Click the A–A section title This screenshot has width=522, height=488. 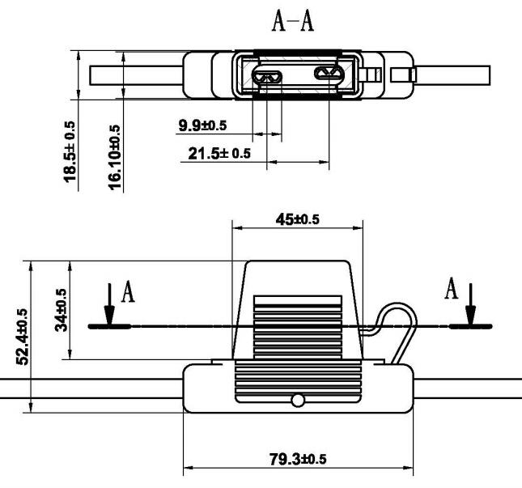tap(293, 21)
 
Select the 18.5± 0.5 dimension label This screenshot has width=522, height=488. tap(70, 152)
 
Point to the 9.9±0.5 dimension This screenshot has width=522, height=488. tap(203, 125)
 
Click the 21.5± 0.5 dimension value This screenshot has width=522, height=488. tap(219, 154)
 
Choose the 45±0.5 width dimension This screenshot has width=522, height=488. tap(298, 219)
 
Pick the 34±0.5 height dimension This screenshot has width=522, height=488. tap(61, 310)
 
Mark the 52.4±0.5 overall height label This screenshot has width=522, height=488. tap(23, 337)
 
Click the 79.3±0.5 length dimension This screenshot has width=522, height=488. tap(298, 460)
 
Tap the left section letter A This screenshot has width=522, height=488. tap(128, 291)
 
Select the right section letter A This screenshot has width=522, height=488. tap(452, 288)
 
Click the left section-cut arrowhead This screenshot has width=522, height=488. tap(109, 315)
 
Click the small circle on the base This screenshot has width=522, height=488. tap(298, 400)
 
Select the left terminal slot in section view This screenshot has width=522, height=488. tap(267, 78)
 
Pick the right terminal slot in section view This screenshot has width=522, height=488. tap(329, 73)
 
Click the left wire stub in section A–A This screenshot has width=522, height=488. tap(136, 75)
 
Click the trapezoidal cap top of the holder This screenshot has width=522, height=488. tap(298, 310)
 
